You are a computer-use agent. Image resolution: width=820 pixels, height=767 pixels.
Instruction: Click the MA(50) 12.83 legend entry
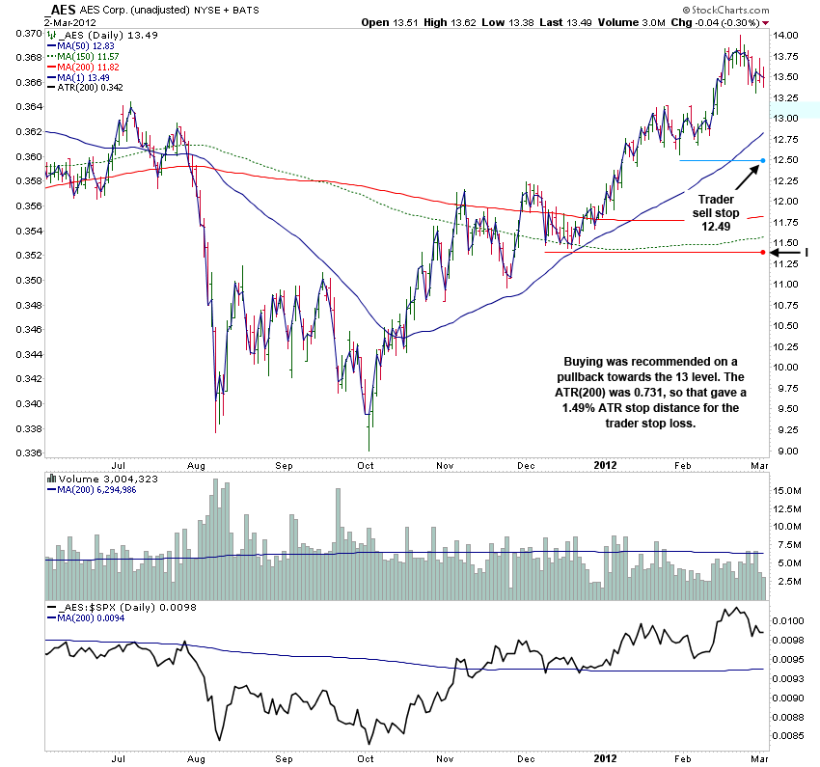coord(86,45)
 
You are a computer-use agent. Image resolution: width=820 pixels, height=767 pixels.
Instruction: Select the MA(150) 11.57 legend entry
coord(88,56)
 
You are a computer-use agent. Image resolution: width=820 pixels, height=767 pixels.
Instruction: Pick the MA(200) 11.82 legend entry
coord(88,67)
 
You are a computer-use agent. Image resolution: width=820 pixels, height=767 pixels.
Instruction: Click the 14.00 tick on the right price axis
coord(787,36)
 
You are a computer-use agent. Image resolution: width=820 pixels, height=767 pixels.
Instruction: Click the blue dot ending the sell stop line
coord(763,160)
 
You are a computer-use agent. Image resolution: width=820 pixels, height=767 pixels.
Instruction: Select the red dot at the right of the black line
coord(763,252)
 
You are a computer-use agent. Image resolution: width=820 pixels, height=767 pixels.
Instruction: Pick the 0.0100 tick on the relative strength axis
coord(790,620)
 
